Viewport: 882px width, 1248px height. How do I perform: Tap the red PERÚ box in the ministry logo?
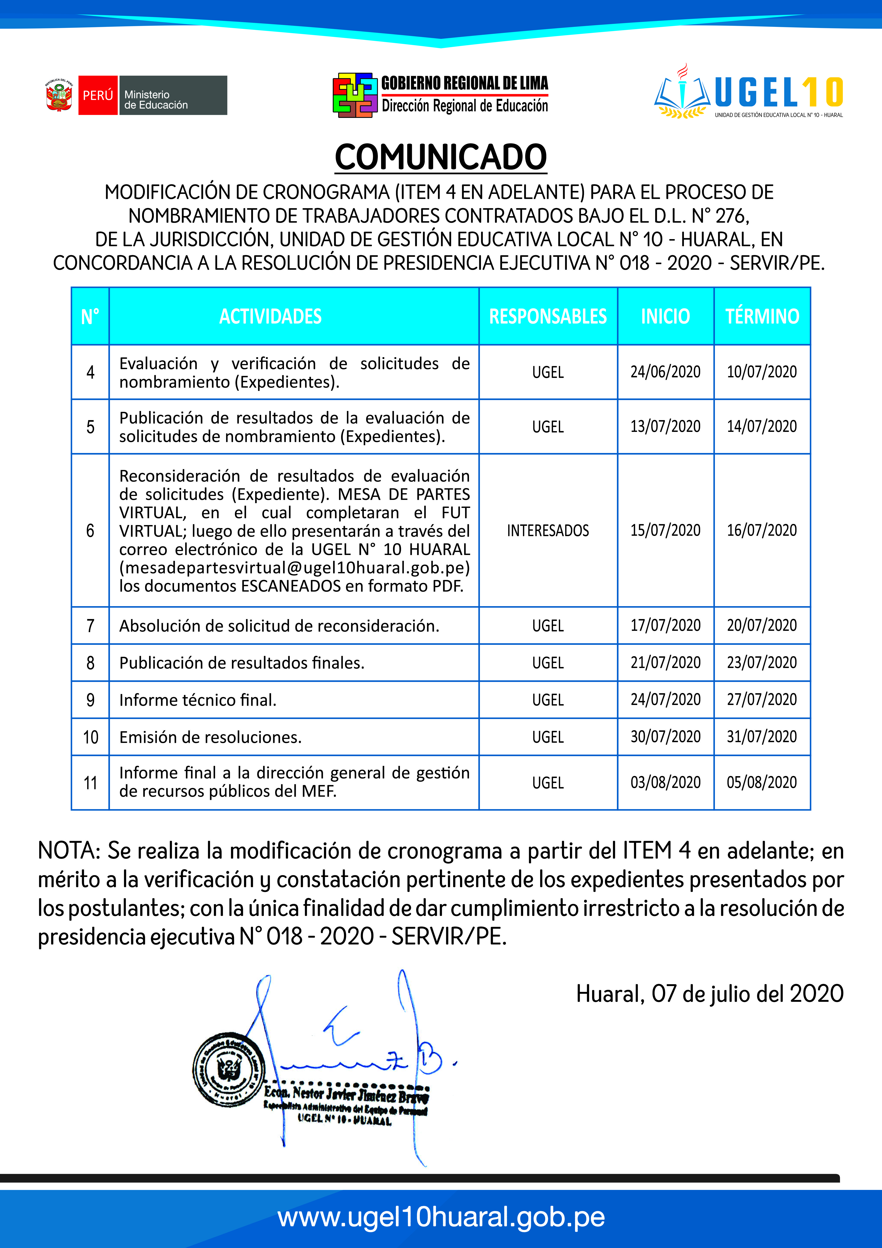(98, 95)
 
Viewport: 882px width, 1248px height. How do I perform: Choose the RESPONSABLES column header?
(548, 316)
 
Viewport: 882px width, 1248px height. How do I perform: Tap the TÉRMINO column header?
(762, 316)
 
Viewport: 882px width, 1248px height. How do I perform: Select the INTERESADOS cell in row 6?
(548, 531)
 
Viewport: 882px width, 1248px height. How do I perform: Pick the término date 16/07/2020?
(762, 531)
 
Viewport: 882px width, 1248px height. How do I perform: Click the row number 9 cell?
(90, 700)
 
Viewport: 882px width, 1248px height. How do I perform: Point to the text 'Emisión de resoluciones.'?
(210, 738)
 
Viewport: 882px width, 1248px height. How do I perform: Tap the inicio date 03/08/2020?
(665, 783)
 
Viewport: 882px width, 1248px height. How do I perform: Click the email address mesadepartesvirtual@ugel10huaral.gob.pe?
(295, 567)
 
